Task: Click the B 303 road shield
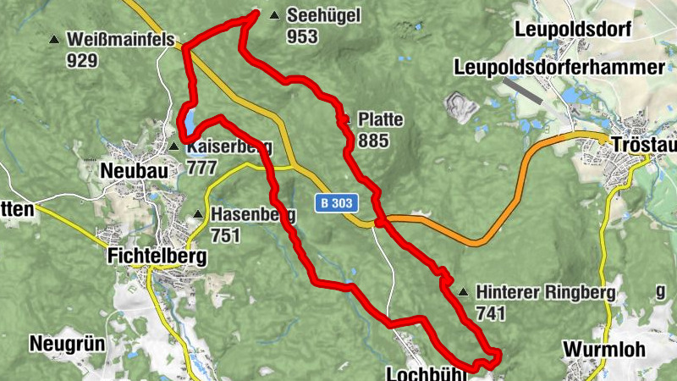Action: click(338, 203)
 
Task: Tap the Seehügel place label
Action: click(323, 15)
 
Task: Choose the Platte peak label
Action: click(380, 119)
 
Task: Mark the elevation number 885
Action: click(373, 140)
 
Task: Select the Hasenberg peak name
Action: click(253, 215)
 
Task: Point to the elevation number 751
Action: click(226, 235)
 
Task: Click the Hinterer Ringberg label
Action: click(545, 293)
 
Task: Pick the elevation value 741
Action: click(491, 314)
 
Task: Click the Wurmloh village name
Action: click(603, 350)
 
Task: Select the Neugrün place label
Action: click(65, 344)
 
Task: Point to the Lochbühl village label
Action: click(421, 373)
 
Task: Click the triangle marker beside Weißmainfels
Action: click(55, 39)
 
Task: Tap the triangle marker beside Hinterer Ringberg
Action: click(462, 292)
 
